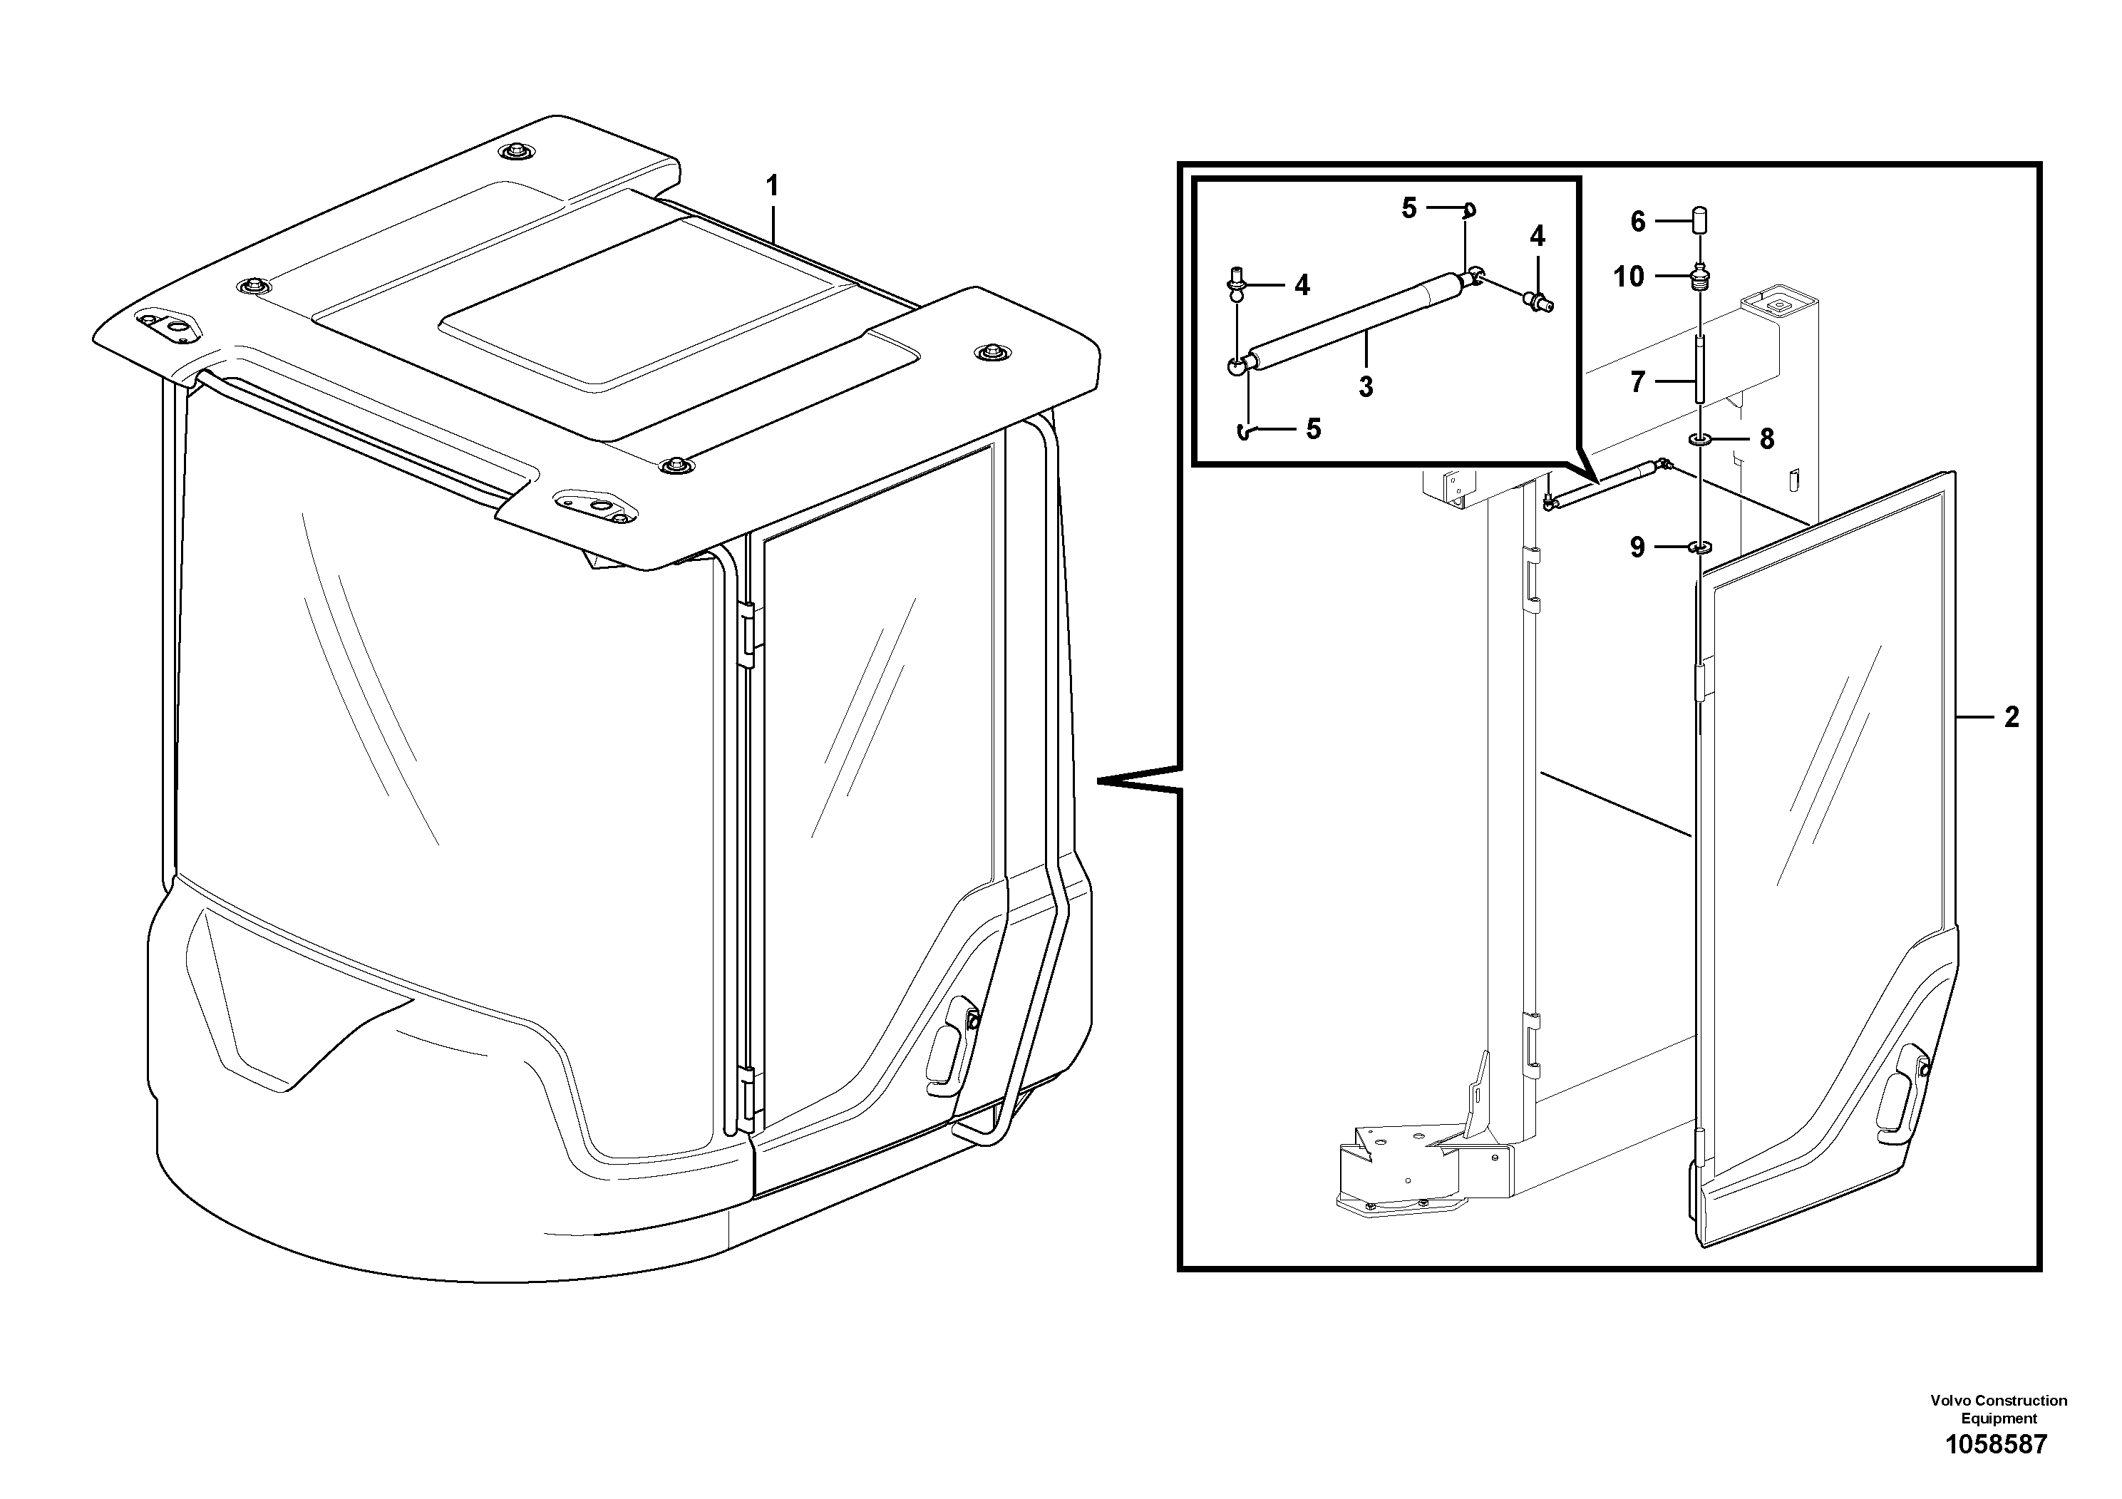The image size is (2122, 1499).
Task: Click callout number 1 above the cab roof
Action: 772,187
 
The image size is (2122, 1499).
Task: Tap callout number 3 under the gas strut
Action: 1366,387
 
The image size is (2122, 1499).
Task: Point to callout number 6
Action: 1638,222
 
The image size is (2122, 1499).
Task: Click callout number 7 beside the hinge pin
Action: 1638,381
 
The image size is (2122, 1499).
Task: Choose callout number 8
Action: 1766,440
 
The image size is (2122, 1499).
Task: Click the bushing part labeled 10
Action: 1699,277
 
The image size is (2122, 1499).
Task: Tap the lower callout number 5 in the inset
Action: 1313,429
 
